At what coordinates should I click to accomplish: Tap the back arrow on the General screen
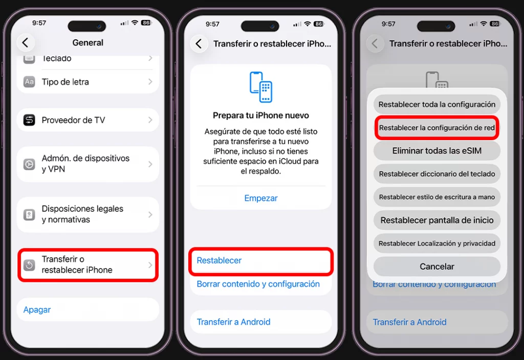tap(25, 42)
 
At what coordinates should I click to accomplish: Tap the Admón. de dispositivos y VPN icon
tap(29, 164)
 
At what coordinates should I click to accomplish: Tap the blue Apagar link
tap(37, 310)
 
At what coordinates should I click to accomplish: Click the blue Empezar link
tap(261, 198)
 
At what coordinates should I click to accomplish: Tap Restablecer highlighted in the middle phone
tap(220, 261)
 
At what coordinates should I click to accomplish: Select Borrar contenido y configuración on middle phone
tap(258, 284)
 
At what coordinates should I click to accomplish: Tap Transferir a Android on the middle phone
tap(233, 322)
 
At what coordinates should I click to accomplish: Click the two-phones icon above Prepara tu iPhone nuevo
tap(261, 87)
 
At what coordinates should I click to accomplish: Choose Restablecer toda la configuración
tap(437, 104)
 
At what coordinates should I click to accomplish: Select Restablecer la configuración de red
tap(437, 128)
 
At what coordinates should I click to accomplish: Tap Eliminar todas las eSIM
tap(437, 151)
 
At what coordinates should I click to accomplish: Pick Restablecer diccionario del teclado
tap(437, 174)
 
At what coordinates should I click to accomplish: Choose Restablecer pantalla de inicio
tap(437, 220)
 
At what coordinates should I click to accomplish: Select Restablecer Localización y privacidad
tap(437, 243)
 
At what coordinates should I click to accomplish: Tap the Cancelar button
tap(437, 266)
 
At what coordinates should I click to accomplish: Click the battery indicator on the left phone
tap(146, 24)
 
